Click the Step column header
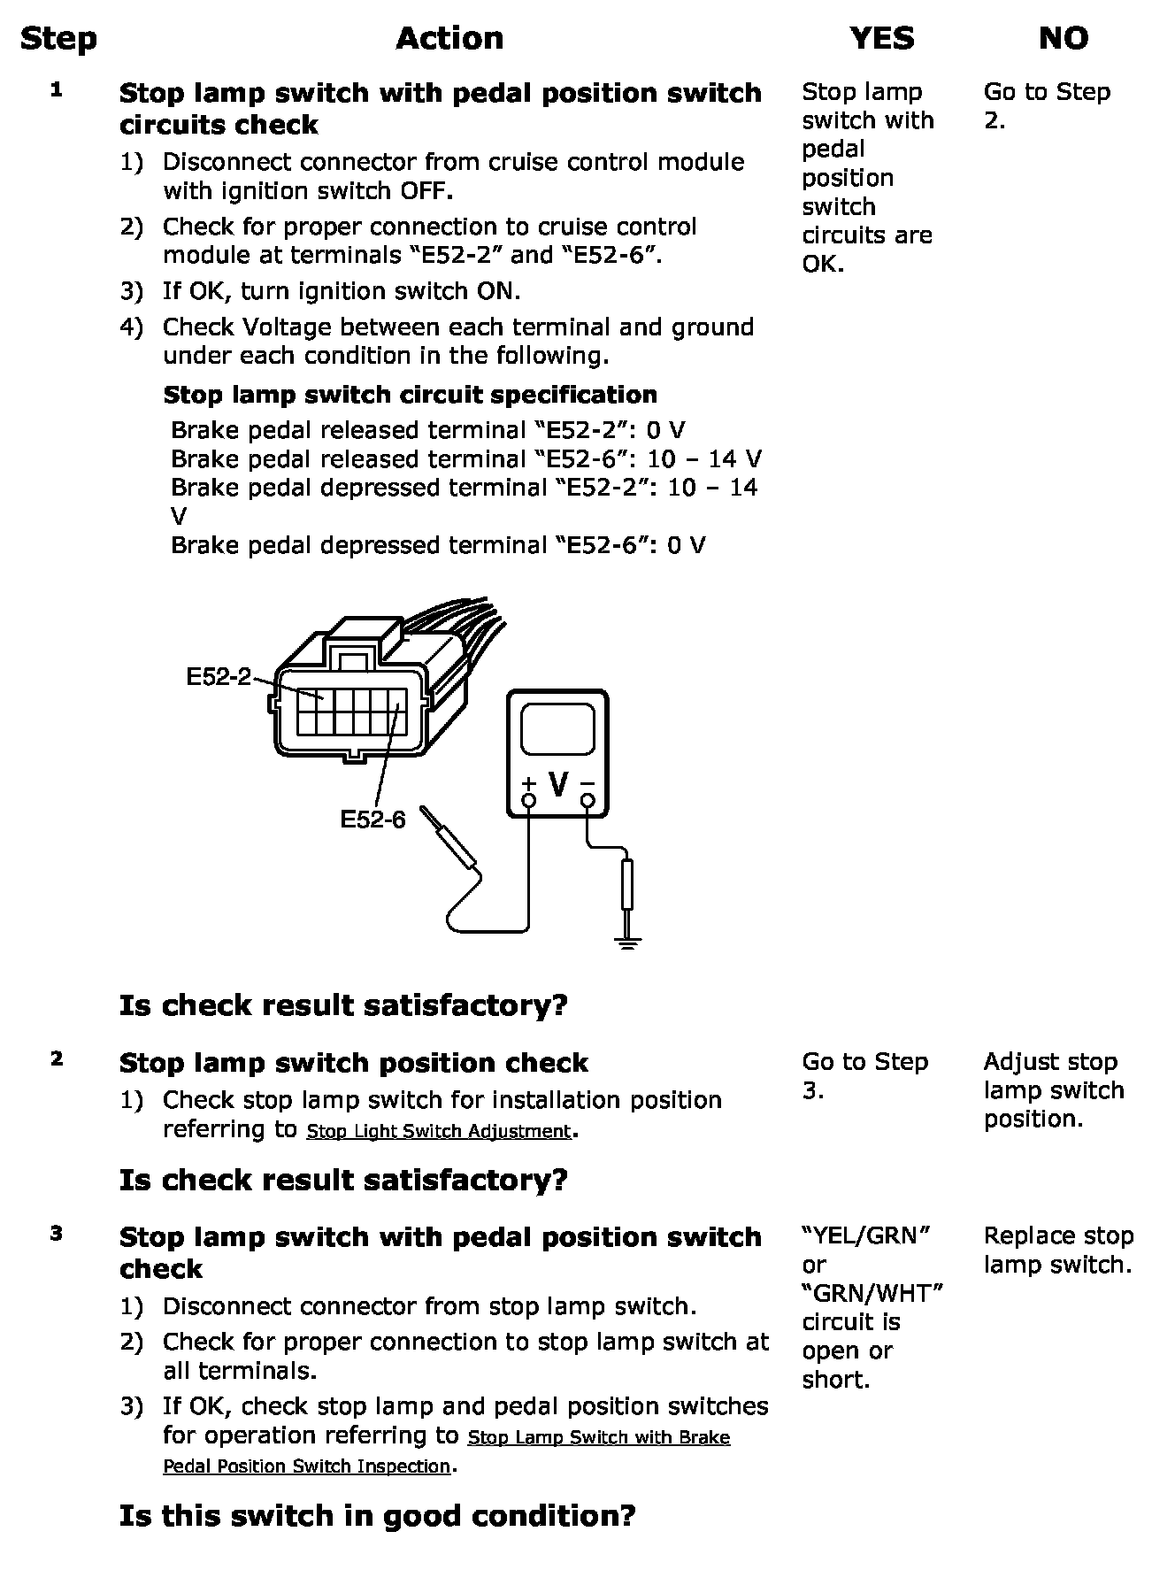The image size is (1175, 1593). click(58, 39)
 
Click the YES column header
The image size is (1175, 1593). click(882, 38)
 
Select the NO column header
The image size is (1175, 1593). click(1063, 38)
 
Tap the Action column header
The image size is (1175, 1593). click(449, 38)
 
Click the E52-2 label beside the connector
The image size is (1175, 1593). click(219, 677)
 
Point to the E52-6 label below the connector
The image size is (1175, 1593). click(372, 820)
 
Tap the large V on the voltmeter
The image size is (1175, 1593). click(558, 783)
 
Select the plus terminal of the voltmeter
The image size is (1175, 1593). click(528, 800)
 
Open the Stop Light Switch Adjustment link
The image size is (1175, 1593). click(439, 1131)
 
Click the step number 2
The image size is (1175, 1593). click(57, 1058)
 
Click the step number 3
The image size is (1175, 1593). click(57, 1233)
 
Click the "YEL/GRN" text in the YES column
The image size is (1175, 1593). click(866, 1235)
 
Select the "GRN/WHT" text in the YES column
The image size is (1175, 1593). click(872, 1293)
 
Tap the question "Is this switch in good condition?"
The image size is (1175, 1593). click(378, 1516)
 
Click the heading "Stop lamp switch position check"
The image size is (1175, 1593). click(354, 1063)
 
